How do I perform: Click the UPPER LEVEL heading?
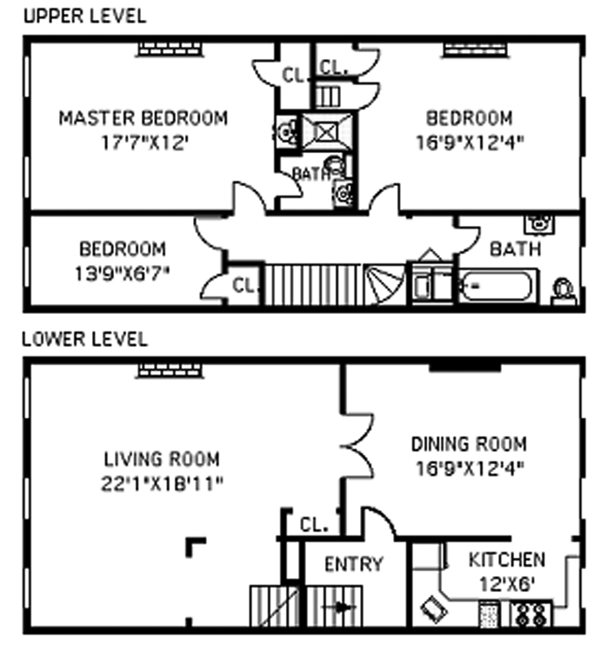tap(84, 17)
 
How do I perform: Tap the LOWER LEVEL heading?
tap(84, 339)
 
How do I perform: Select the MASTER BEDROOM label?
tap(143, 118)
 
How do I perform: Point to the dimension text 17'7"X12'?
tap(145, 143)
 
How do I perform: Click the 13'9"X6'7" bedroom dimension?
tap(122, 274)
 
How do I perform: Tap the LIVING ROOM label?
tap(162, 459)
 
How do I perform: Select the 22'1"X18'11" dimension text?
tap(162, 483)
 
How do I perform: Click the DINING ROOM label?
tap(469, 444)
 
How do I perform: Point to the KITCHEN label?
tap(507, 560)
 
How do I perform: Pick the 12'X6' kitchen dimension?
tap(507, 585)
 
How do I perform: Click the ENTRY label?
tap(354, 564)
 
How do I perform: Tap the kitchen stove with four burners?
tap(531, 614)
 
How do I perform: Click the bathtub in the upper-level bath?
tap(496, 286)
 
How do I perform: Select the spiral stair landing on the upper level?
tap(384, 284)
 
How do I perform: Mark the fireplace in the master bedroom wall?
tap(170, 49)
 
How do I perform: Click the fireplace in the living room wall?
tap(170, 371)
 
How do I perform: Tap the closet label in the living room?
tap(314, 525)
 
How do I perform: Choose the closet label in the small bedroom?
tap(243, 286)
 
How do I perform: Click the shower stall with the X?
tap(327, 132)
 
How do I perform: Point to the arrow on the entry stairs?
tap(340, 608)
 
